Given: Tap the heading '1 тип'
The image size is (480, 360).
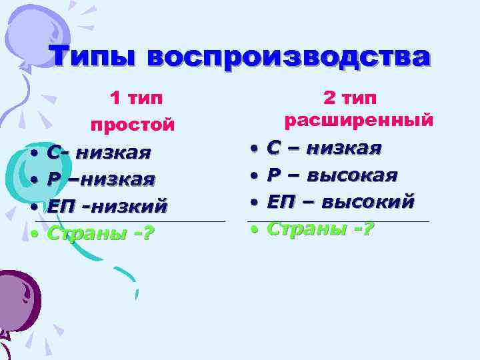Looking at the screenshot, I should pos(136,99).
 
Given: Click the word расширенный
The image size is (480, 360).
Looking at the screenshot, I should pos(359,121).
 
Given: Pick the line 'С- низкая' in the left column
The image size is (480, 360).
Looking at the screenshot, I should pos(99,153).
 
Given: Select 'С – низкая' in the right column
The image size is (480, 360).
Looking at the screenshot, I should pos(325,147).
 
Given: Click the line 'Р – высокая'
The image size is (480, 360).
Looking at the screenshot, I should pos(332,175).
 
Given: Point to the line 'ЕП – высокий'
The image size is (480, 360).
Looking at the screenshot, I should pos(341,201).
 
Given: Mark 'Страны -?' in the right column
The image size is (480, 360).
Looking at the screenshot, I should pos(321,229).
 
